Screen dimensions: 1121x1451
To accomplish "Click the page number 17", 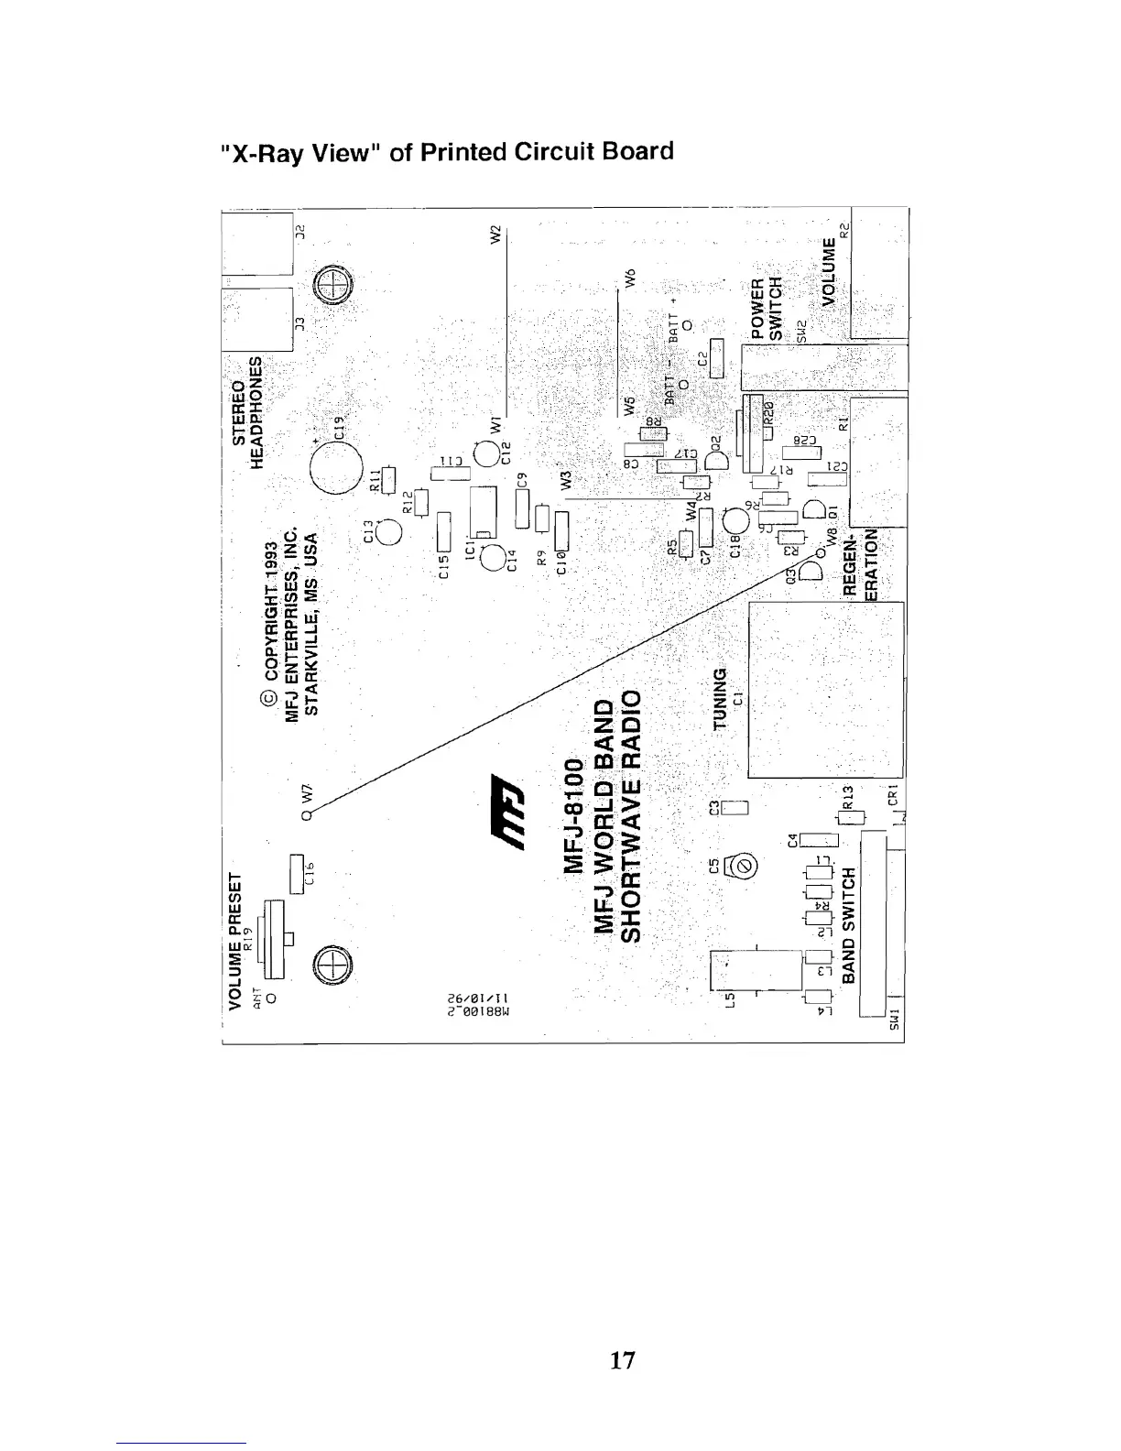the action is coord(623,1360).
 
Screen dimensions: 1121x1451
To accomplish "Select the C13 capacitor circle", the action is coord(387,532).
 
